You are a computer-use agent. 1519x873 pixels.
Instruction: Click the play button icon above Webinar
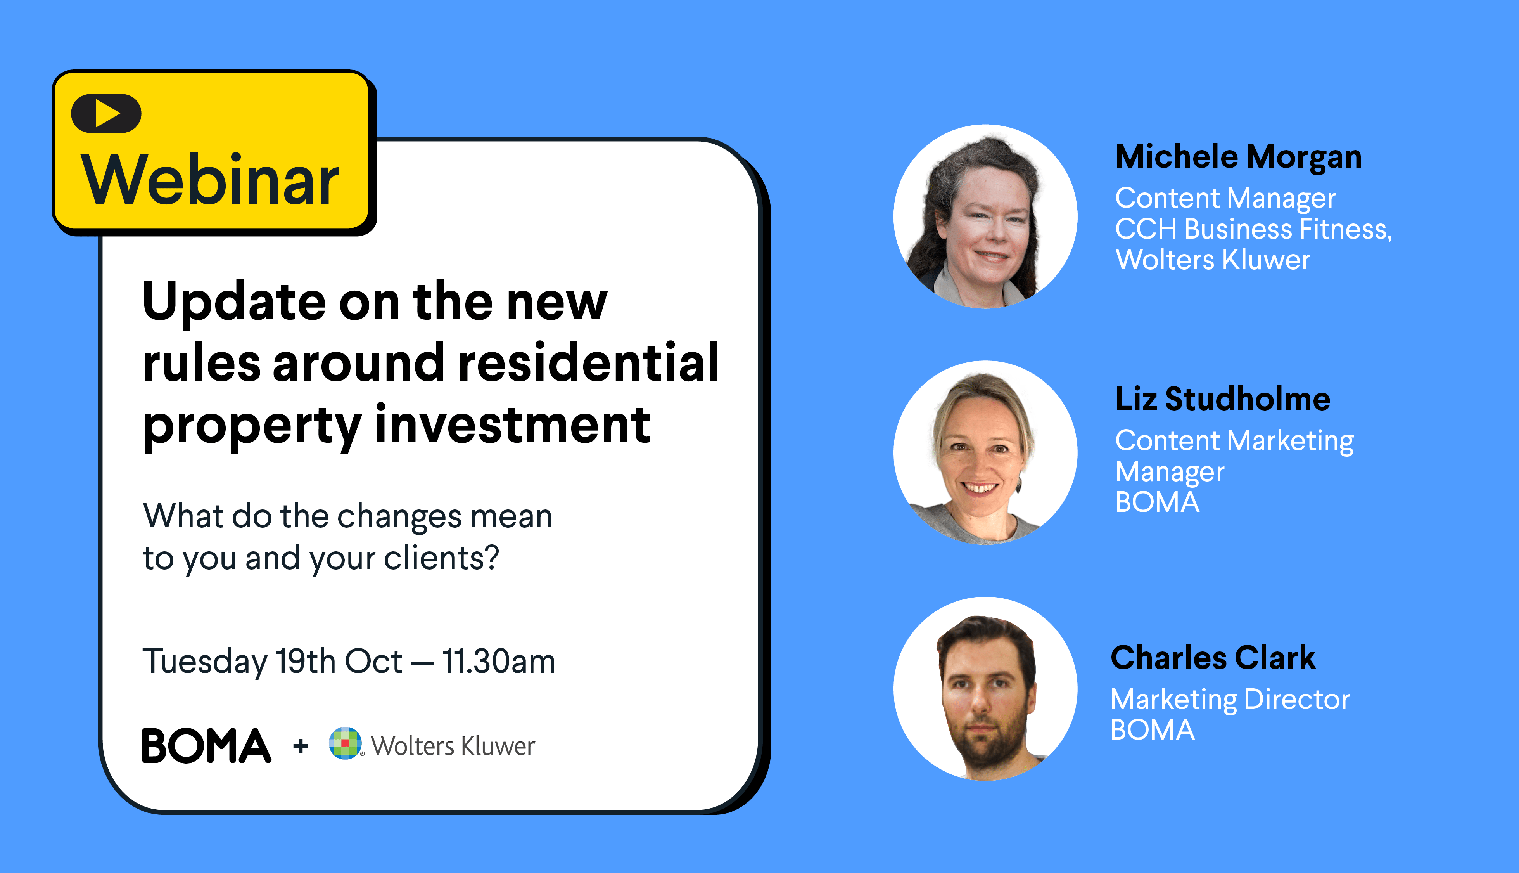click(x=106, y=113)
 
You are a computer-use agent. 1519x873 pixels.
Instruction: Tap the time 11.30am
click(x=499, y=661)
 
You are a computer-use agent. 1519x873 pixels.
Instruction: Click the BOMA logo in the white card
click(x=206, y=746)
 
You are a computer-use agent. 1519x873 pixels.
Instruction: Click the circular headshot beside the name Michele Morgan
click(x=985, y=217)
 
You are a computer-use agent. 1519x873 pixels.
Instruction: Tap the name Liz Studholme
click(x=1222, y=399)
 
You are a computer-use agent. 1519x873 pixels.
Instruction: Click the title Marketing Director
click(x=1230, y=700)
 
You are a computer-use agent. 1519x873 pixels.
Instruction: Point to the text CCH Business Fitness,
click(x=1253, y=229)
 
